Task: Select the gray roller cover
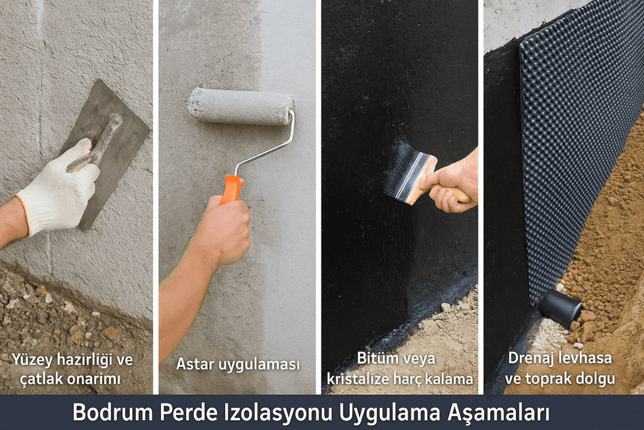tap(241, 106)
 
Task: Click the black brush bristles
tap(401, 167)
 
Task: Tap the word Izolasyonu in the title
tap(278, 412)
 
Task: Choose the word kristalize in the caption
tap(357, 379)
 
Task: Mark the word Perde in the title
tap(188, 412)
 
